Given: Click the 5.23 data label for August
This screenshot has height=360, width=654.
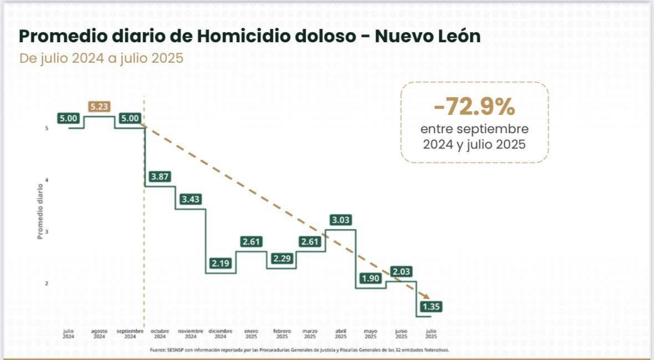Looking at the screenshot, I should pos(99,107).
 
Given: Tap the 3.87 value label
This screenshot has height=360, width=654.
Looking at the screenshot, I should pos(160,176).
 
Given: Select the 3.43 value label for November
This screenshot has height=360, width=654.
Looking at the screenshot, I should pos(190,199).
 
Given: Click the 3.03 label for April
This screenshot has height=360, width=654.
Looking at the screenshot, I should pos(341,220).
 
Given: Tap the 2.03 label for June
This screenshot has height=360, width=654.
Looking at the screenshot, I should pos(402,272).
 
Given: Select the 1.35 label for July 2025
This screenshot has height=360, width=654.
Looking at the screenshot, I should pos(432,307).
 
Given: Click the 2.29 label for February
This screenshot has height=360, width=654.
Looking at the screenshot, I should pos(281,258).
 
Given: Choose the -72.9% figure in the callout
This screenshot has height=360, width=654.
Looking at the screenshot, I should pos(474,107).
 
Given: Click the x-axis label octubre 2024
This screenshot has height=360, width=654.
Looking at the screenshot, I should pos(160,333).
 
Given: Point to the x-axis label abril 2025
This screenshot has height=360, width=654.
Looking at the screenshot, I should pos(341,333).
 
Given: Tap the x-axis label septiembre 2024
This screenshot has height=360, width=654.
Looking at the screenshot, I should pos(130,333).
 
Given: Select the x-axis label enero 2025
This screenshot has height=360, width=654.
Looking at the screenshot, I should pos(251,333).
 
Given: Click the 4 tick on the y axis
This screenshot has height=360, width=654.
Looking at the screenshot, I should pos(47,180).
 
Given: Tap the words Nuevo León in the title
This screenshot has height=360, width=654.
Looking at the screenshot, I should pos(428,37).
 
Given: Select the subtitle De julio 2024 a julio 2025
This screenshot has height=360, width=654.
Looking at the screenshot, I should pos(101,58).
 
